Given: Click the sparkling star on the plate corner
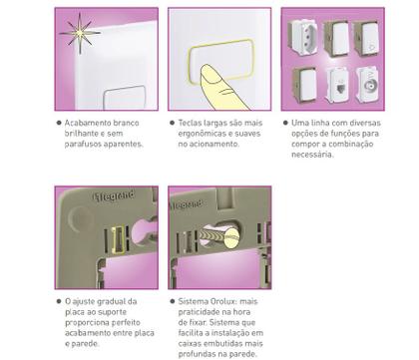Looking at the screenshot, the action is coord(80,33).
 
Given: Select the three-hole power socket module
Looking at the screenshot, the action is coord(302,37).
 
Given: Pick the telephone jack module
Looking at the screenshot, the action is coord(338,85).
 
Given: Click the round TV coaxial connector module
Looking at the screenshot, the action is coord(368,85).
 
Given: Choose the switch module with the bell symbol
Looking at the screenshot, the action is coord(367,39).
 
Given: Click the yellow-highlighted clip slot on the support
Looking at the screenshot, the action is coord(118,240).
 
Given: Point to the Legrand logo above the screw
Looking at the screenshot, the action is coord(187,204).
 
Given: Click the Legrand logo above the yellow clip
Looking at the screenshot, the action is coord(114,195).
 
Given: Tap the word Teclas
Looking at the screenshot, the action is coord(190,123).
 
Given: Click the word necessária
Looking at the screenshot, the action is coord(312,155).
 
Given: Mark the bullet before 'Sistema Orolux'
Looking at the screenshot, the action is coord(173,301).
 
